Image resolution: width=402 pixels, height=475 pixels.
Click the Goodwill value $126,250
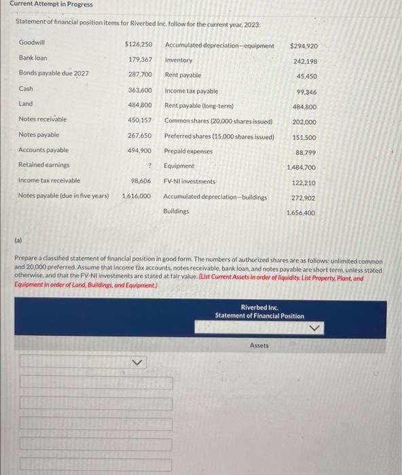138,44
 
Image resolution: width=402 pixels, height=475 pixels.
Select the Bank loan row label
33,58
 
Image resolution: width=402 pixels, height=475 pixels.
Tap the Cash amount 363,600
139,90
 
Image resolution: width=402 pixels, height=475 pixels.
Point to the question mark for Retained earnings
148,165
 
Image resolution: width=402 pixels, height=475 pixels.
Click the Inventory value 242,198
305,61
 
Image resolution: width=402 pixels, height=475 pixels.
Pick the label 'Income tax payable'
191,91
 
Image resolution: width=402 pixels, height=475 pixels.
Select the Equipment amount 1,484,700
301,167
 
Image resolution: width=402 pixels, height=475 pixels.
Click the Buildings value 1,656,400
301,213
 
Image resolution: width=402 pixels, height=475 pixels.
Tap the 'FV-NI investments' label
190,181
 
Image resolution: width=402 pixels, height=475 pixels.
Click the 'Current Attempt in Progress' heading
51,5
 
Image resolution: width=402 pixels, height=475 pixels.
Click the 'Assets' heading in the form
259,345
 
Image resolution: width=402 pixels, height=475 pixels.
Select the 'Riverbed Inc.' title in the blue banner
259,307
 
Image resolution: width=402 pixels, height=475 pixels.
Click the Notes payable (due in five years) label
63,195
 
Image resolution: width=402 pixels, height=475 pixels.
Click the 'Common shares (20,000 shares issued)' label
218,121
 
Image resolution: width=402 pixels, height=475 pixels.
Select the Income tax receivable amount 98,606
141,180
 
